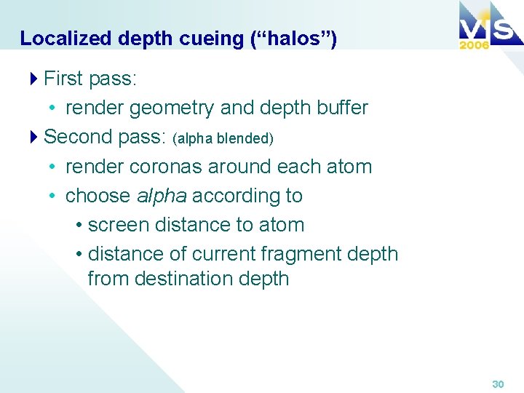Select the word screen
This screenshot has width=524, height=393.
[118, 225]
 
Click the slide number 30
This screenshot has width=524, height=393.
[498, 384]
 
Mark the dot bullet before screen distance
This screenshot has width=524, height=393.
[79, 226]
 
